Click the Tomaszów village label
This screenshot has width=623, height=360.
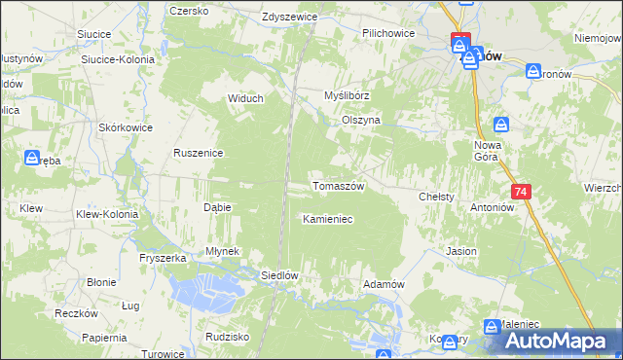click(338, 186)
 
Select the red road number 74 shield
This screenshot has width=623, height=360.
click(522, 193)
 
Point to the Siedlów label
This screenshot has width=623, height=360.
click(277, 275)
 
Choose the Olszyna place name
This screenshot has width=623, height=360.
click(360, 120)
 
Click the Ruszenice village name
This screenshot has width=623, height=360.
click(200, 153)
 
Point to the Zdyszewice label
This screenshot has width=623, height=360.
click(291, 18)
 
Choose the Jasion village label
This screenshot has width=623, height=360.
click(461, 251)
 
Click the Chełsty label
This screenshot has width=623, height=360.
click(437, 197)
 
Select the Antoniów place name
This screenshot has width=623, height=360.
click(493, 206)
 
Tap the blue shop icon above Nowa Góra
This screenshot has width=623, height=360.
click(501, 125)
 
